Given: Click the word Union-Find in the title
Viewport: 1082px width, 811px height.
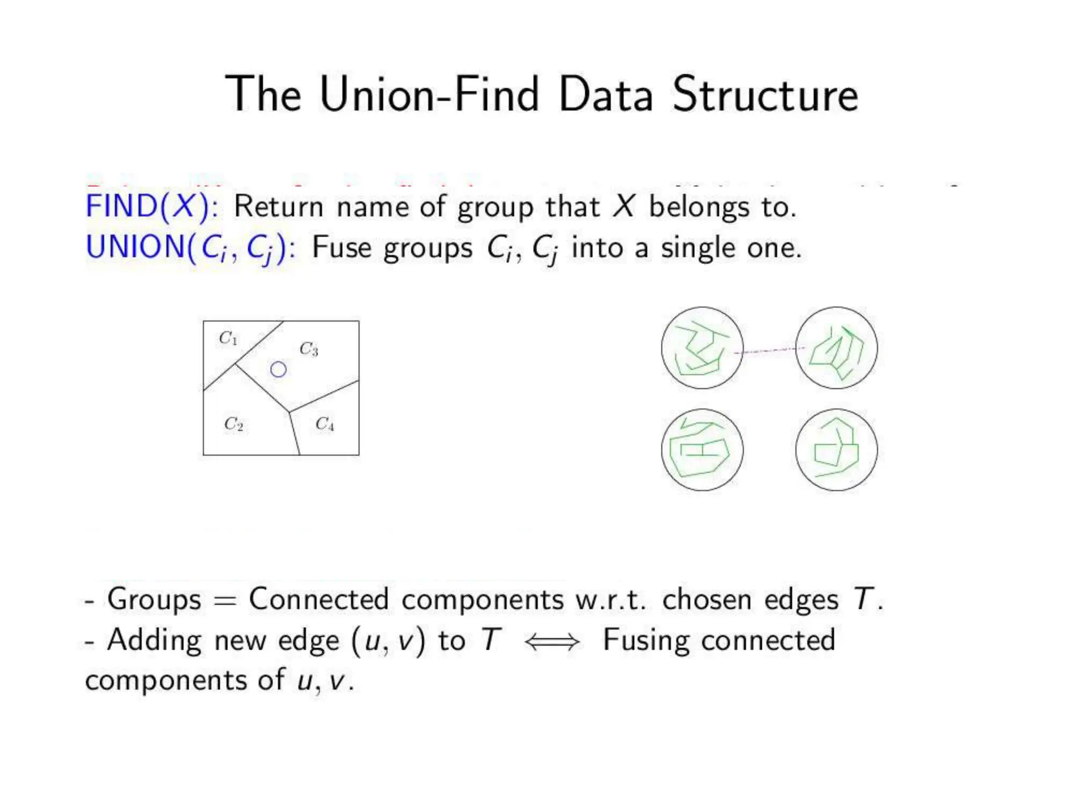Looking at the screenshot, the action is point(429,95).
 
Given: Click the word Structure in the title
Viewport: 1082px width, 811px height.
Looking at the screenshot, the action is point(765,95).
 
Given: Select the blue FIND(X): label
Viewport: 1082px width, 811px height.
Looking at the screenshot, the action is point(152,206).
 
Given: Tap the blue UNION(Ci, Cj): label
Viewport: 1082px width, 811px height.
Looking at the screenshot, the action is point(190,247).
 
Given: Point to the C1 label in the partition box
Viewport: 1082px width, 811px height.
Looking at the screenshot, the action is point(228,338).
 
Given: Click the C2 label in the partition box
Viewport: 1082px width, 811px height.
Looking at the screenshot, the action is point(234,424).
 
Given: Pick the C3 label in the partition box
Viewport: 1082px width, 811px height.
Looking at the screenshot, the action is point(309,349).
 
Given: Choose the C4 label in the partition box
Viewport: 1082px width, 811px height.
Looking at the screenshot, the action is point(324,424).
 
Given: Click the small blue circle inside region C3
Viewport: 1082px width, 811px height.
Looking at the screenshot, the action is point(278,370).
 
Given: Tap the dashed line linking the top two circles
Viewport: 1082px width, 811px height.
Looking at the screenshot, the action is point(769,350).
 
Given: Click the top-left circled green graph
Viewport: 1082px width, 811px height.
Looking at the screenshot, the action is point(702,348).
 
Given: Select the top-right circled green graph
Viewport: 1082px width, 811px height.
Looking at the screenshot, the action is point(836,348).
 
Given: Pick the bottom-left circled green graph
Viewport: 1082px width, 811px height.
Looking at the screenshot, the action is point(702,450).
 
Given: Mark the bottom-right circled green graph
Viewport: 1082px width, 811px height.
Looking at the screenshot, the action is point(836,450).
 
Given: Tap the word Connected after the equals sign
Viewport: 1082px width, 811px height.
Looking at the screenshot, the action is point(319,599).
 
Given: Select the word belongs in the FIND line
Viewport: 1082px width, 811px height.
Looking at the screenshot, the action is point(698,207).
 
